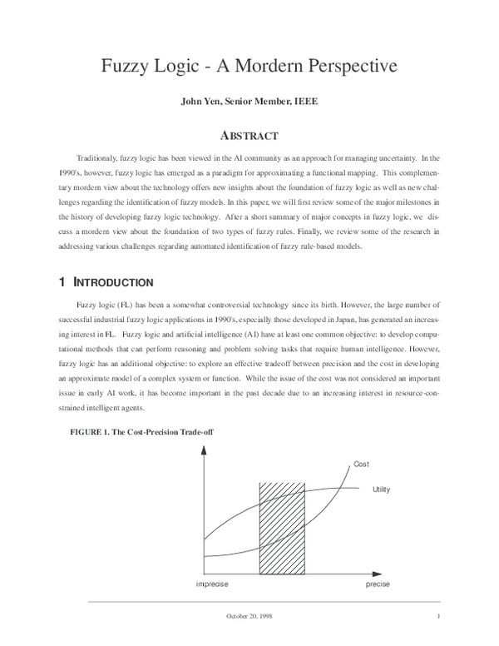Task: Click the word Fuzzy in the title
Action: [x=126, y=66]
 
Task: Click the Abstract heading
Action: [x=248, y=135]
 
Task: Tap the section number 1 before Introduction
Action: [x=57, y=283]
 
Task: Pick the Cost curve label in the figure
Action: [x=362, y=464]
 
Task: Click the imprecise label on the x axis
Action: [x=212, y=584]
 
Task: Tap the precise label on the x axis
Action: [x=378, y=584]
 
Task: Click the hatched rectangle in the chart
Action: [x=284, y=527]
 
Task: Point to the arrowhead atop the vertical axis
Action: [x=203, y=450]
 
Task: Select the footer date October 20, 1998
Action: [x=249, y=617]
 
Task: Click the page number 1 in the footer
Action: [x=437, y=617]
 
